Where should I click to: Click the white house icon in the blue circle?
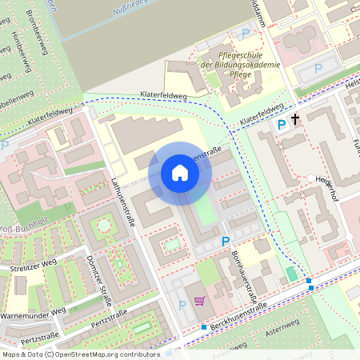coord(179,173)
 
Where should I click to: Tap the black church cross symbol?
coord(295,120)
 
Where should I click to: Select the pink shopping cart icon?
coord(198,302)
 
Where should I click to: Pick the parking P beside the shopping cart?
coord(182,304)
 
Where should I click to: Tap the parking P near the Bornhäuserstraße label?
coord(225,241)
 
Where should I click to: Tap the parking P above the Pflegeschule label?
coord(246,34)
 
